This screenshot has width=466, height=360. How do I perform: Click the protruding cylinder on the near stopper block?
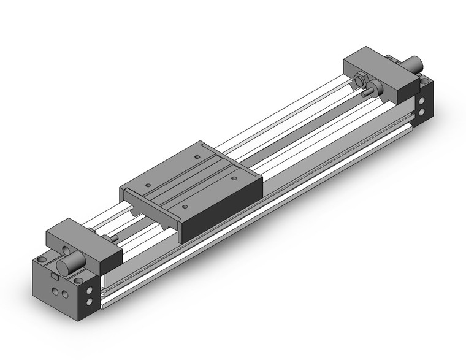click(67, 268)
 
